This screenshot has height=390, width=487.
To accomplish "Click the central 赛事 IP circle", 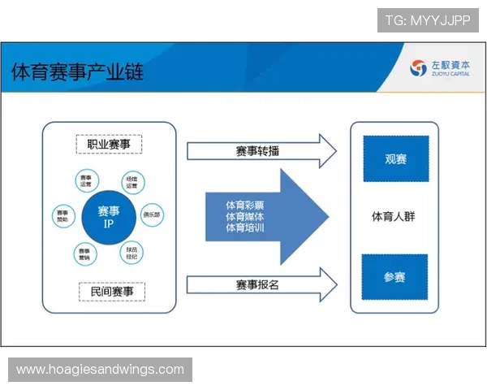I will point(109,216).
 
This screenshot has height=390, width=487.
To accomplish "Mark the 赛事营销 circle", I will point(85,253).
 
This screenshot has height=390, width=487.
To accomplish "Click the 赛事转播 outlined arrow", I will point(260,150).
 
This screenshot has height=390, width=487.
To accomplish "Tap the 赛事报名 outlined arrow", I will point(260,284).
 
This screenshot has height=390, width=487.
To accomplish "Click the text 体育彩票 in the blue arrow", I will point(245,205).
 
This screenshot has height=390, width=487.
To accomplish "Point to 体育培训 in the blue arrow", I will point(245,228).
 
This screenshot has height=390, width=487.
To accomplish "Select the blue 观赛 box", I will point(395,158).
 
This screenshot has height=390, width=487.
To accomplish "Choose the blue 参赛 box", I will point(395,277).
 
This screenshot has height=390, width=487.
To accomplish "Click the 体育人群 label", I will point(394,217).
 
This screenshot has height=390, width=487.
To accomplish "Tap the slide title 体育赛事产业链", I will point(77,71).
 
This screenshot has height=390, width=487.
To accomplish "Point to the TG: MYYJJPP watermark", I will point(428,20).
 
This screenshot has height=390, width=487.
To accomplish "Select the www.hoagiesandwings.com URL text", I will point(100,370).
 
